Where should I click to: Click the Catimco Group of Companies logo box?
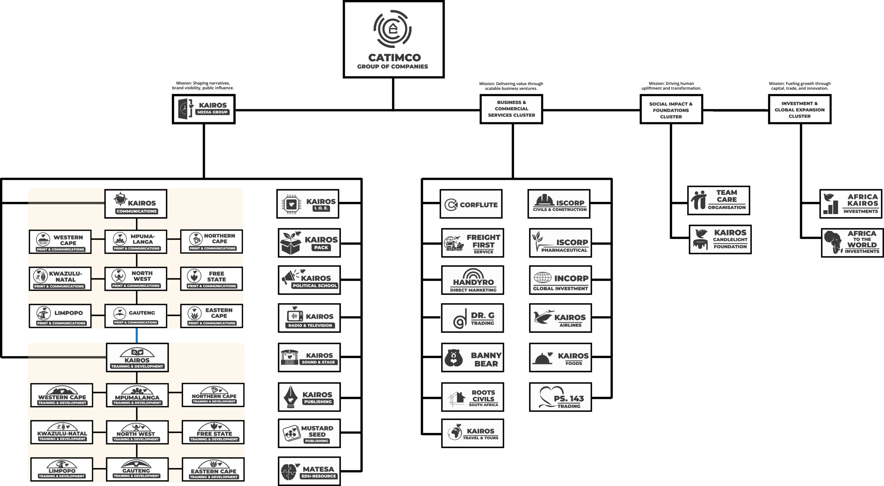pos(393,39)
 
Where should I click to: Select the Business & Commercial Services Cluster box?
pos(511,109)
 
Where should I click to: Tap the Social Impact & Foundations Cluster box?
pos(671,110)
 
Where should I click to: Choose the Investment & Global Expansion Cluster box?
pos(799,109)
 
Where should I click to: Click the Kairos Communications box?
pos(136,204)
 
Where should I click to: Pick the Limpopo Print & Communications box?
pos(60,316)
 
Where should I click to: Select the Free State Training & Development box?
pos(213,432)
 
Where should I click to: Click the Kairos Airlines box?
pos(560,318)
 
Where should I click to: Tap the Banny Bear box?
pos(472,358)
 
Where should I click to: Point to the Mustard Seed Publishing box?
pos(309,433)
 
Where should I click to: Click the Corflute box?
pos(471,204)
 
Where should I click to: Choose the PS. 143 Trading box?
pos(560,397)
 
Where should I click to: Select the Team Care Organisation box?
pos(718,201)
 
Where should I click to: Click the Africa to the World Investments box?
pos(852,243)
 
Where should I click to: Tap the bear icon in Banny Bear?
pos(453,358)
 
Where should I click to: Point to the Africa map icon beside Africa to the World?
pos(833,242)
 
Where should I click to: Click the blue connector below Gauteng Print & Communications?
pos(137,335)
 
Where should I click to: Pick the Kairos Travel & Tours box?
pos(472,433)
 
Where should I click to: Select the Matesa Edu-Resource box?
pos(309,471)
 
